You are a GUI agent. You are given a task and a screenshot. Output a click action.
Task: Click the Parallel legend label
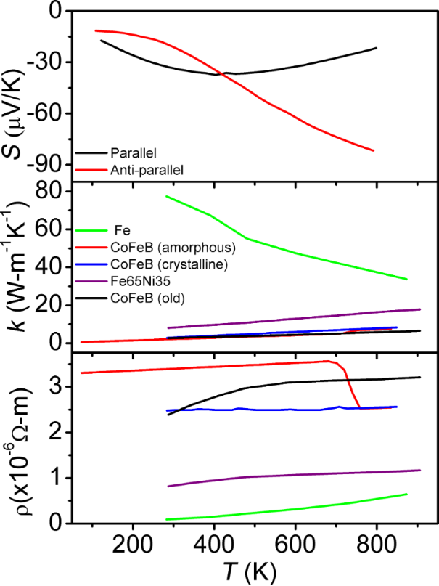point(134,153)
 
